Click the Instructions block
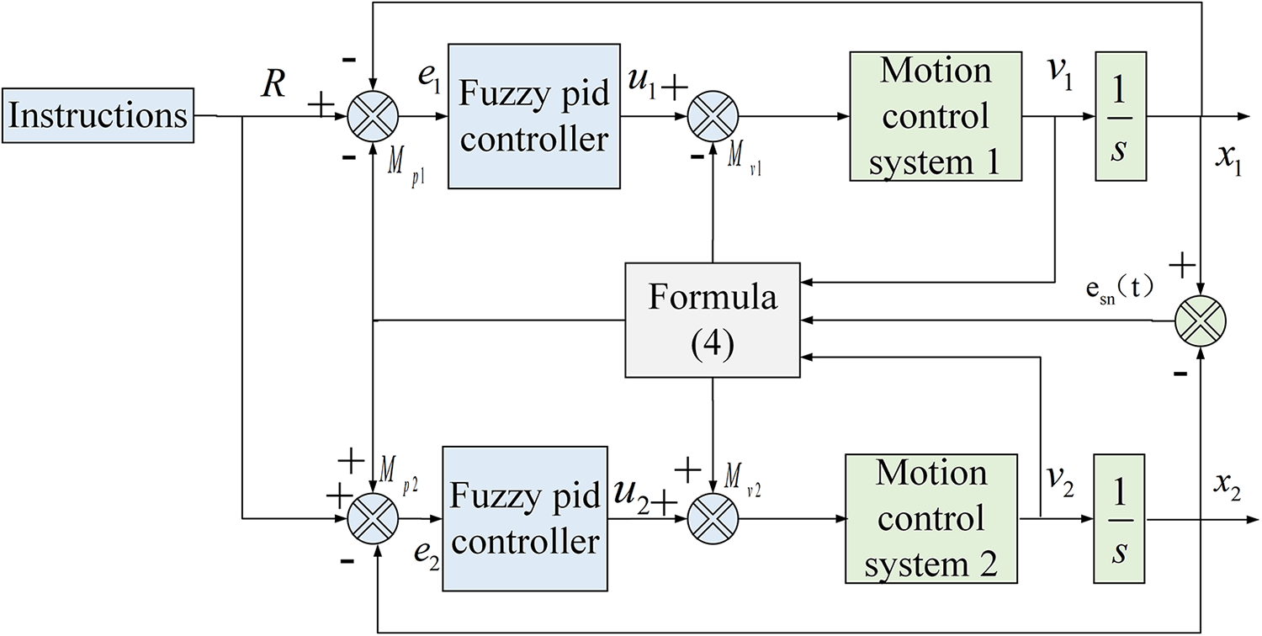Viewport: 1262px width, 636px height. [x=98, y=115]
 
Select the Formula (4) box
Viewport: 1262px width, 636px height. [x=713, y=320]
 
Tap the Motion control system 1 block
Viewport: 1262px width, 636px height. [x=936, y=117]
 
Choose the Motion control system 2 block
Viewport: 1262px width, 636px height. [x=931, y=519]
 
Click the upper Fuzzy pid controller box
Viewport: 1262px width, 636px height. [x=534, y=116]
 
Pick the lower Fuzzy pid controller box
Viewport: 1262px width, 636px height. [x=525, y=519]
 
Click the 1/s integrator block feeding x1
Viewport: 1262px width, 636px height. [x=1121, y=117]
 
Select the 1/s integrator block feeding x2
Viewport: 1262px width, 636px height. [x=1120, y=519]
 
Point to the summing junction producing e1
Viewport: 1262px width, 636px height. [x=373, y=117]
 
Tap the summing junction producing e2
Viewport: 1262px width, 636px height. [x=373, y=519]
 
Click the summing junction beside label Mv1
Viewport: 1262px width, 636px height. [x=713, y=117]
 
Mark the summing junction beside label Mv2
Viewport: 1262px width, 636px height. [x=713, y=519]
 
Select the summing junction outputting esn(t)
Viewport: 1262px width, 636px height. [x=1201, y=321]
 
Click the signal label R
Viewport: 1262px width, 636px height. [x=273, y=84]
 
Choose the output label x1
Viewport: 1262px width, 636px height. [x=1228, y=160]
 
